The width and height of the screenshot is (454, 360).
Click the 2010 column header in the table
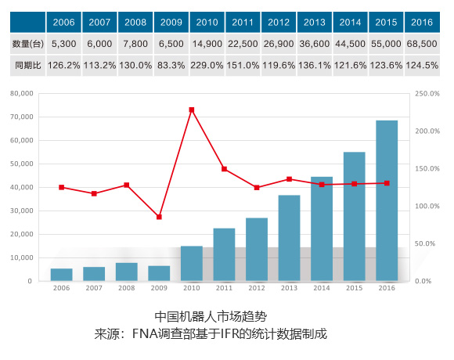tap(207, 22)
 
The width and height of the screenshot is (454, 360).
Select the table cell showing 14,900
tap(207, 44)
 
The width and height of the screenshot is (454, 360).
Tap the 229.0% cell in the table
tap(207, 66)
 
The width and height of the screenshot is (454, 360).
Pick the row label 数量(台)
tap(28, 44)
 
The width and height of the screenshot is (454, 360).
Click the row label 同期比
tap(28, 66)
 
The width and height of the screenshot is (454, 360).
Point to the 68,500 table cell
tap(422, 44)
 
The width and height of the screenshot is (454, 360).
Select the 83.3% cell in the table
tap(171, 66)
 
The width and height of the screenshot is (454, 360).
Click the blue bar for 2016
tap(387, 200)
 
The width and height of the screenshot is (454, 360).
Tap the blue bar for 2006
tap(61, 275)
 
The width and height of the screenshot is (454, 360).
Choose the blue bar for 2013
tap(290, 238)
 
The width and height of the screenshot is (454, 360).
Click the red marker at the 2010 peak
tap(192, 110)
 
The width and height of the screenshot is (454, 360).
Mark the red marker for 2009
tap(159, 217)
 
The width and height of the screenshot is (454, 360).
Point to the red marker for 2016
tap(387, 183)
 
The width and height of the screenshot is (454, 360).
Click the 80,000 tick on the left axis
tap(22, 93)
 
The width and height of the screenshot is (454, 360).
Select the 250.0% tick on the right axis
tap(427, 93)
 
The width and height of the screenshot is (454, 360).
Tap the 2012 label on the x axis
tap(257, 288)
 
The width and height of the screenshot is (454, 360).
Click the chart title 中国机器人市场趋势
tap(211, 317)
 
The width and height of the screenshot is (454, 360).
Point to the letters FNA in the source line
tap(145, 333)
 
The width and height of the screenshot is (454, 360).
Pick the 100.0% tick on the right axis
tap(427, 206)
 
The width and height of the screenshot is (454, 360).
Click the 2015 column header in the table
tap(386, 22)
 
